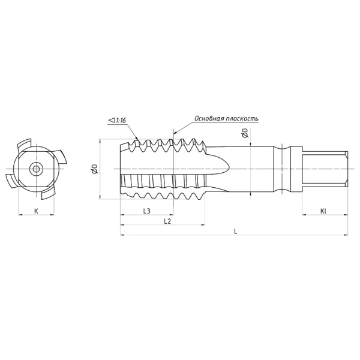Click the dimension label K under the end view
point(36,211)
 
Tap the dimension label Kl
point(323,211)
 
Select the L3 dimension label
point(146,211)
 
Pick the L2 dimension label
point(168,221)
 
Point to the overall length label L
point(235,232)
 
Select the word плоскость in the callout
point(242,118)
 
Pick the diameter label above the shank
point(245,133)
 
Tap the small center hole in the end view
point(37,169)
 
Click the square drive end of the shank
point(325,169)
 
